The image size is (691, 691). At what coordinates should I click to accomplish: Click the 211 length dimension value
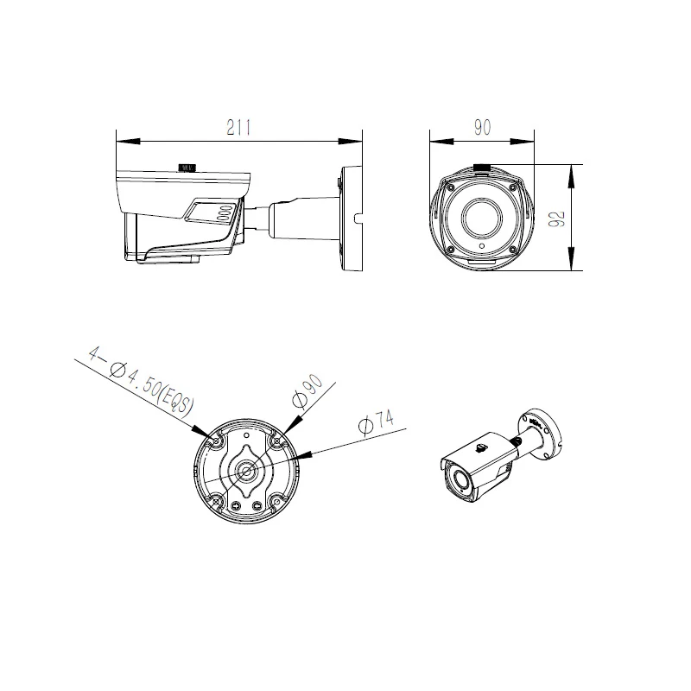coord(238,127)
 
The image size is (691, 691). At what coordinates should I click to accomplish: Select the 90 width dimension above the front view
coord(482,127)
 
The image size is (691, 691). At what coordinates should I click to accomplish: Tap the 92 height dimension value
coord(558,218)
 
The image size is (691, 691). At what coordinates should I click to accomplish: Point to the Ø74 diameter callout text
coord(375,423)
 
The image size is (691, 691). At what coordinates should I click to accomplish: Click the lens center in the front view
coord(481,219)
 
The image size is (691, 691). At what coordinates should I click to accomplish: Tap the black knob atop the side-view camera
coord(187,165)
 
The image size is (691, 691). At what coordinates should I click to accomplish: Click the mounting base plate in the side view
coord(350,218)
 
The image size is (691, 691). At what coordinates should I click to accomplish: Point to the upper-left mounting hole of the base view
coord(216,441)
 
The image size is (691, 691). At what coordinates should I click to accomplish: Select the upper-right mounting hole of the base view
coord(277,441)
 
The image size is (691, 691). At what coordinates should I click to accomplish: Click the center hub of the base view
coord(247,472)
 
